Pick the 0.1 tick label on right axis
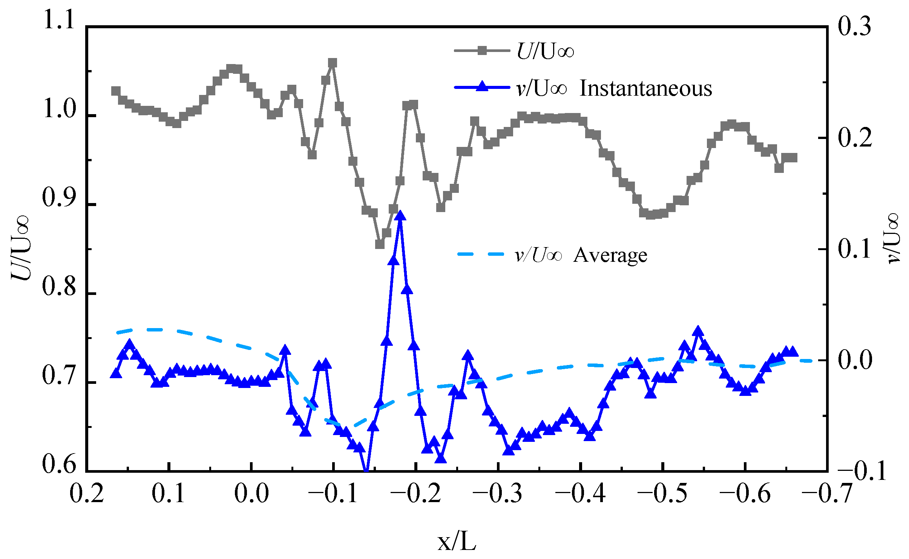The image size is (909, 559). tap(854, 249)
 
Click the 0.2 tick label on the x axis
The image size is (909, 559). tap(87, 493)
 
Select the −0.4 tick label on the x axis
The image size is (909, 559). tap(580, 493)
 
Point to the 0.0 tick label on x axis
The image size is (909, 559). tap(251, 493)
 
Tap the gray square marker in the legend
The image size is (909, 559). tap(482, 50)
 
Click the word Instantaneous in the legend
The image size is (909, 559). tap(645, 89)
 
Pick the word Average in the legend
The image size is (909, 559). tap(610, 255)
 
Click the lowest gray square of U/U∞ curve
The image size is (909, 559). tap(380, 244)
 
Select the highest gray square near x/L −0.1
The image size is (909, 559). tap(332, 63)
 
